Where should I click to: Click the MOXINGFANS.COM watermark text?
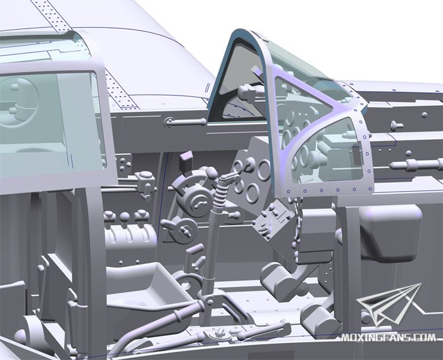click(389, 337)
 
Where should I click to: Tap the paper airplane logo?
click(389, 305)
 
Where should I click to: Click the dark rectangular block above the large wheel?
click(186, 160)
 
